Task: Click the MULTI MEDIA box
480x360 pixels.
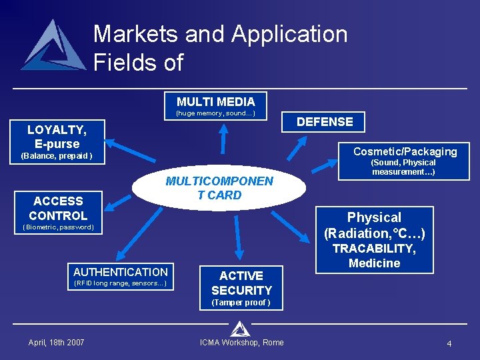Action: (215, 101)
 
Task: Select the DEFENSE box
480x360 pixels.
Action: (325, 122)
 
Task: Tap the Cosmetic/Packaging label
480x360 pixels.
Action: (405, 151)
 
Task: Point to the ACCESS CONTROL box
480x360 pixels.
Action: (58, 208)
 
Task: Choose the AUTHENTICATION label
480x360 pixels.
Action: (121, 272)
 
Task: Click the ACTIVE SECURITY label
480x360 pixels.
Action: (241, 283)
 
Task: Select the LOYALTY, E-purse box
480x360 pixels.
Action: (57, 137)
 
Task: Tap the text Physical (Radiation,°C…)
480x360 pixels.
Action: (374, 225)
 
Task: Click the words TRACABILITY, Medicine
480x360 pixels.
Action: (374, 256)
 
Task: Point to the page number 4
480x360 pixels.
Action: (449, 343)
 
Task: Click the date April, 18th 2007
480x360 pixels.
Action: (56, 343)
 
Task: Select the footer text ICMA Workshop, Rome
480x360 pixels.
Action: (241, 343)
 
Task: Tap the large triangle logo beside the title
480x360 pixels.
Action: (54, 46)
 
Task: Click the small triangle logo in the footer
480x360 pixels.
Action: (240, 329)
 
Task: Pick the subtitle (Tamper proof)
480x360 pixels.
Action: (241, 303)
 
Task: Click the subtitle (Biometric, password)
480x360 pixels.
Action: (58, 227)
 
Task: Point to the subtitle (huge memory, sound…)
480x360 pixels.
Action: (215, 113)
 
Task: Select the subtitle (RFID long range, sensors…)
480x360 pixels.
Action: (121, 283)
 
